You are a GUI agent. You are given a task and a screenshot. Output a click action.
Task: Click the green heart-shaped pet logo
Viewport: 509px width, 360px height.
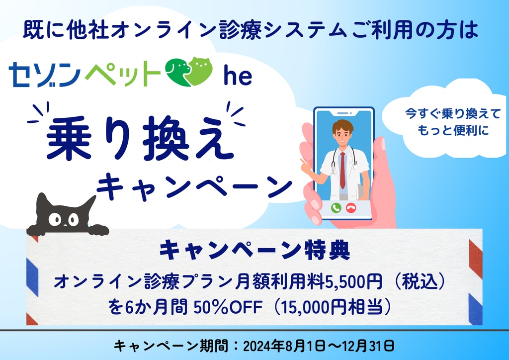[188, 72]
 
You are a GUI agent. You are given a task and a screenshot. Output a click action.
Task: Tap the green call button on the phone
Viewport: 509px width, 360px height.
[336, 208]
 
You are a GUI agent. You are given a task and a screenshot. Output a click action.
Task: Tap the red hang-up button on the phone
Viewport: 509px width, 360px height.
[351, 208]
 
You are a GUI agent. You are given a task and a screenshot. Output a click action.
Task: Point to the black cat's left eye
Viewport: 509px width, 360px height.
[55, 219]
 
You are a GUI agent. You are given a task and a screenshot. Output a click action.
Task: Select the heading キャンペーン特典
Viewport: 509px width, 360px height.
[254, 250]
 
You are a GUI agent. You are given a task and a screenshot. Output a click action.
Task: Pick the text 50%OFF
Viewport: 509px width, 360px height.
[228, 307]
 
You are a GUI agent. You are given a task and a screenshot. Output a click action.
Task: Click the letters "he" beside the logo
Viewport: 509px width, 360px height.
[238, 77]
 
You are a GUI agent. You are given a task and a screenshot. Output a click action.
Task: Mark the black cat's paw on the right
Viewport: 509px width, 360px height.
[99, 230]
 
